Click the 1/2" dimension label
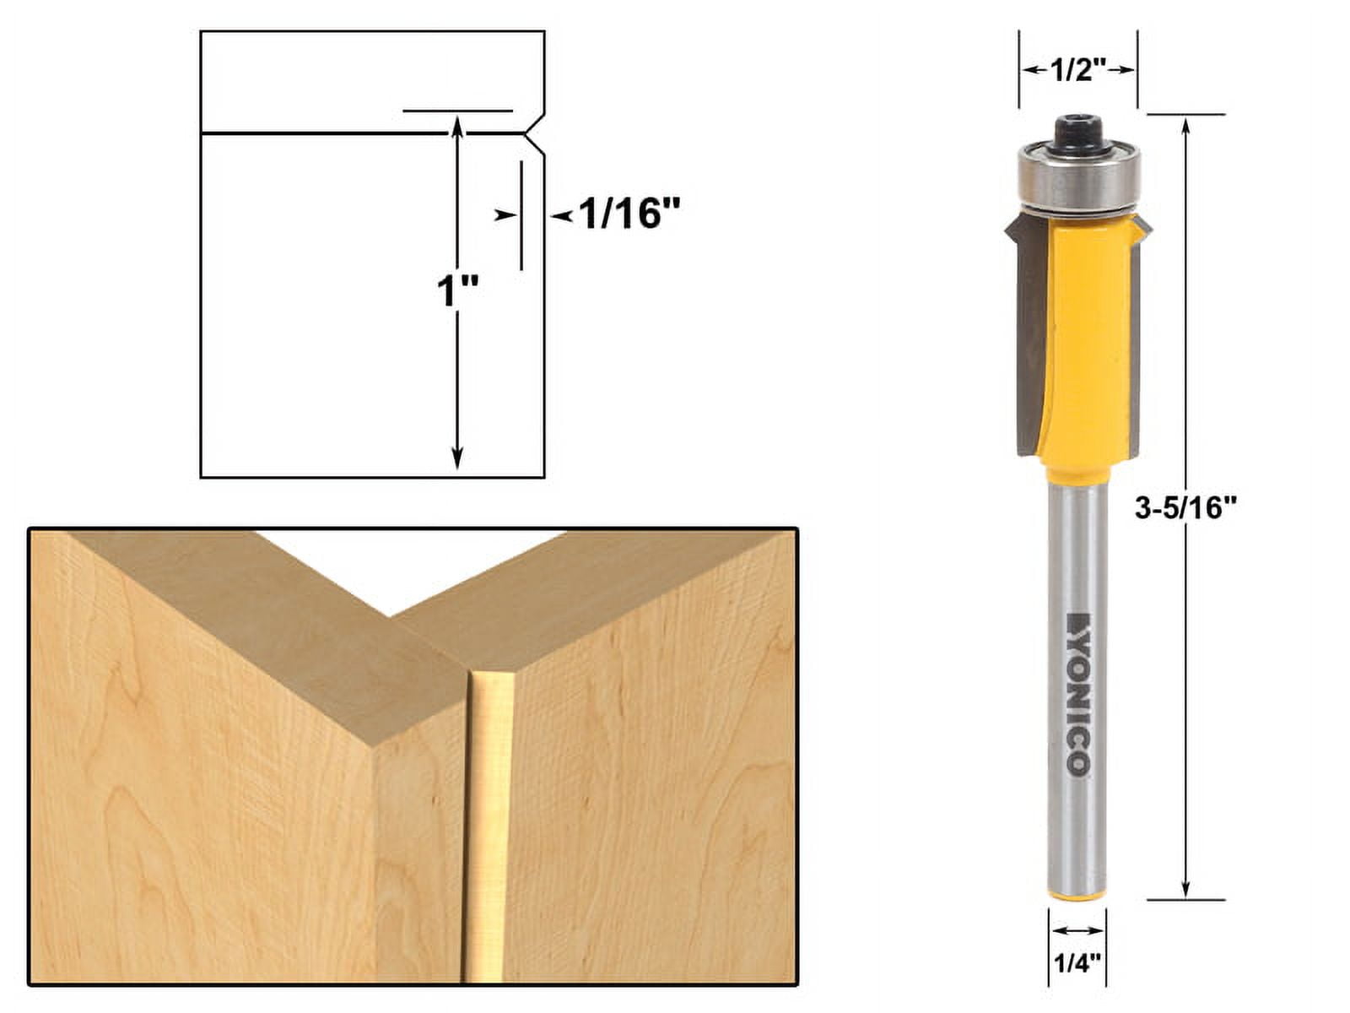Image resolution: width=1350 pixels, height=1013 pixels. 1077,71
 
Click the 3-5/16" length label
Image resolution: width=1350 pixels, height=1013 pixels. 1185,508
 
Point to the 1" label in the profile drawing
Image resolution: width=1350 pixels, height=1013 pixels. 456,293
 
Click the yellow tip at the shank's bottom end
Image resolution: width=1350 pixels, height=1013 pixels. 1077,897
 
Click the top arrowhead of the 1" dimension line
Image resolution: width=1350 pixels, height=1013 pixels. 457,125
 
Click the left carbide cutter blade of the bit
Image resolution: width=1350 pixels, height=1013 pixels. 1031,338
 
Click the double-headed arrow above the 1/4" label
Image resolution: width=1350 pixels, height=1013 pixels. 1077,929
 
